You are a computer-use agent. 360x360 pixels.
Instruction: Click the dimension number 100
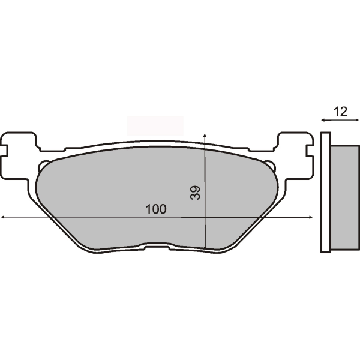click(x=156, y=209)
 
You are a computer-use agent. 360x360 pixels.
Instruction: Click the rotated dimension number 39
click(x=196, y=193)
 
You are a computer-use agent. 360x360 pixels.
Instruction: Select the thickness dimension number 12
click(x=340, y=112)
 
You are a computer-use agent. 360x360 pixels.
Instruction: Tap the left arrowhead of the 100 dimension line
click(x=3, y=217)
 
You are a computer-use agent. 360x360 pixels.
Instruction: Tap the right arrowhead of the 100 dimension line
click(x=311, y=217)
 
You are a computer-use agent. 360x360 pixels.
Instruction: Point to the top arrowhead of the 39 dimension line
click(x=205, y=134)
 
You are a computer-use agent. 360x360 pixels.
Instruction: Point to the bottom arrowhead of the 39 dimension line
click(x=205, y=247)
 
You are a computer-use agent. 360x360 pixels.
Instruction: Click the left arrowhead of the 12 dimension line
click(x=323, y=121)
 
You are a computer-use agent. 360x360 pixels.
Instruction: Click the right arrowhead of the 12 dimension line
click(x=356, y=121)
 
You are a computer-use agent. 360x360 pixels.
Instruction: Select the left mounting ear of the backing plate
click(x=19, y=154)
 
